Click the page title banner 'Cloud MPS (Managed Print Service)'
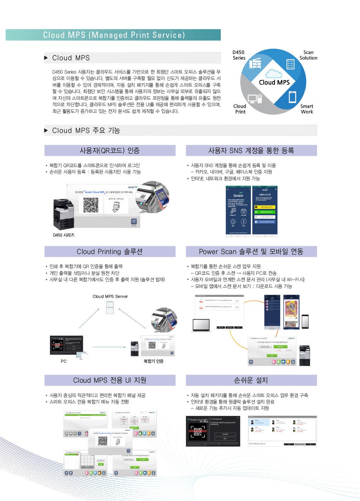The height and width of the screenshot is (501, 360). pos(113,35)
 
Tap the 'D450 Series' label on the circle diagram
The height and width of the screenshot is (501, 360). pos(239,55)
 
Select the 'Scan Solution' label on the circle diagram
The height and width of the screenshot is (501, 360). pos(308,55)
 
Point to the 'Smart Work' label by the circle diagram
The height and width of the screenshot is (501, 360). pos(306,109)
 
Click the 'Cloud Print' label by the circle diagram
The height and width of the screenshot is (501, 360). pos(240,109)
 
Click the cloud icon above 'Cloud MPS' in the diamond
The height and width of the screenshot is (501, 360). pos(274,74)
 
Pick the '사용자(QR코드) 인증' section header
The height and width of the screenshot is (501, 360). pos(110,151)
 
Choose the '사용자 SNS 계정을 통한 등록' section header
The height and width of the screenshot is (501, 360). pos(251,151)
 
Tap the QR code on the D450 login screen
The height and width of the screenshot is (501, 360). pos(91,205)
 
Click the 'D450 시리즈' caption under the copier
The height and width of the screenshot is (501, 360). pos(64,235)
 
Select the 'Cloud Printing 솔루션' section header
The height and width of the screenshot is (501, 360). pos(110,252)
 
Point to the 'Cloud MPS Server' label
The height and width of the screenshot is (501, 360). pos(110,297)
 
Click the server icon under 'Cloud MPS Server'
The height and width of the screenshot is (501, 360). pos(110,308)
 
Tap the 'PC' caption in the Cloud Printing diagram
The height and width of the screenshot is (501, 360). pos(64,361)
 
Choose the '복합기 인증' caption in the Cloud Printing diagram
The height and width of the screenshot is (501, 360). pos(153,361)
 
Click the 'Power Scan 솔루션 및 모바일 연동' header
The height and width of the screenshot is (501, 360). pos(251,252)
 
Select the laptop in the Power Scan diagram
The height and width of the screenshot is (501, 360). pos(201,325)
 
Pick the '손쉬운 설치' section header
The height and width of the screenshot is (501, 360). pos(251,381)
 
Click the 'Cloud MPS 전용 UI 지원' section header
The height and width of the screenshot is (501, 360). pos(110,381)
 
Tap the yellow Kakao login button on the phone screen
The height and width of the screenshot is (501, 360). pos(265,207)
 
